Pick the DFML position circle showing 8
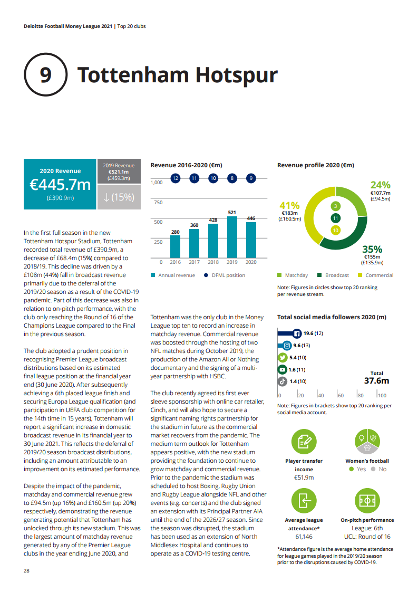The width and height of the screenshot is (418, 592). click(x=232, y=178)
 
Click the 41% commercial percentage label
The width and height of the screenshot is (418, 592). click(x=290, y=205)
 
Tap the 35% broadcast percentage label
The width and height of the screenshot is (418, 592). click(x=372, y=249)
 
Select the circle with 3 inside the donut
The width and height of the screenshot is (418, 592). click(x=335, y=206)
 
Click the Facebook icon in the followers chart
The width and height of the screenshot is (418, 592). click(x=297, y=333)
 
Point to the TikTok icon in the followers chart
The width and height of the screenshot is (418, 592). click(x=282, y=381)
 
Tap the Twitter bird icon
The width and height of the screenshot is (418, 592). click(x=282, y=357)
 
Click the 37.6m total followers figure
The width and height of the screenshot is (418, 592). click(x=376, y=381)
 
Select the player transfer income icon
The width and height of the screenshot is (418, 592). click(x=304, y=443)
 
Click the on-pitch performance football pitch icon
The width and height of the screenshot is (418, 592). click(x=367, y=501)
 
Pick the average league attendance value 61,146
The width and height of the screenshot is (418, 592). click(x=304, y=537)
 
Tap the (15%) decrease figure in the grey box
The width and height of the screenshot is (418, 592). click(x=120, y=197)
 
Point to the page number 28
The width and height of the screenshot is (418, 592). click(x=27, y=571)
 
